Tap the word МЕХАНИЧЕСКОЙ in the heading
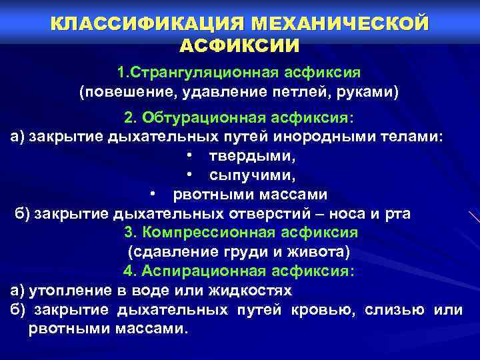coord(338,25)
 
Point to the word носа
coord(347,214)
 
